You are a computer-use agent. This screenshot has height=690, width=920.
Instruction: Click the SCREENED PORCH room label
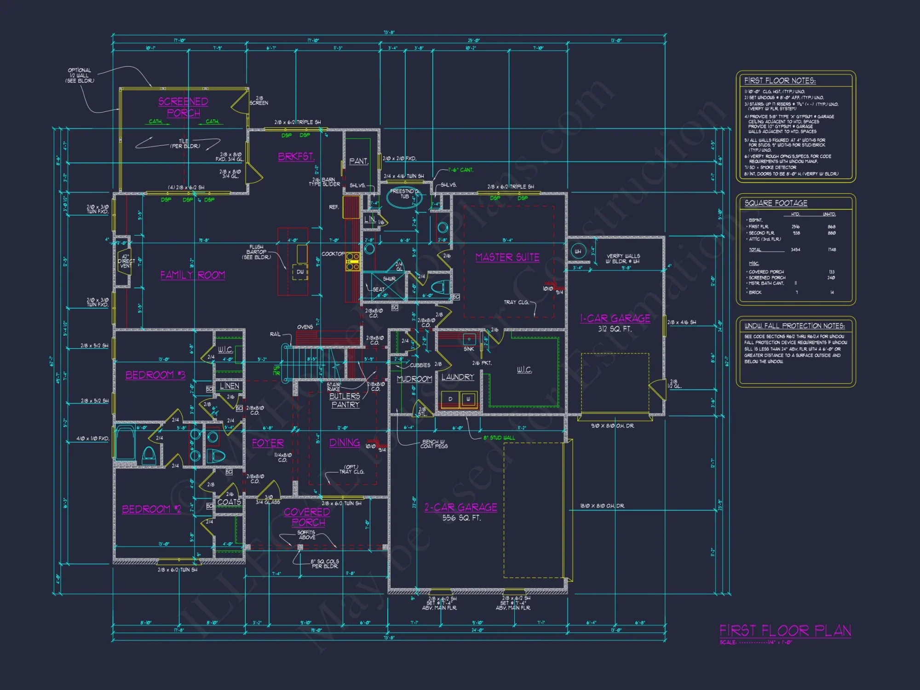[183, 107]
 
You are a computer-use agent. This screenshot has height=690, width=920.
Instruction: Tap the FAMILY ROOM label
[192, 275]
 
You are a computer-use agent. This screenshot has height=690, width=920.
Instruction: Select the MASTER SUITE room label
[507, 257]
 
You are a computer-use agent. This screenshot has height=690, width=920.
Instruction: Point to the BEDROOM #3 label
[155, 375]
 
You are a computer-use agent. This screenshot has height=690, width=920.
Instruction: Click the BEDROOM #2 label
[151, 509]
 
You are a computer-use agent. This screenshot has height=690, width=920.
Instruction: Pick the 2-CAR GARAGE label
[460, 507]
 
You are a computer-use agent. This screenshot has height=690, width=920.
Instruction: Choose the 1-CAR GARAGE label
[615, 318]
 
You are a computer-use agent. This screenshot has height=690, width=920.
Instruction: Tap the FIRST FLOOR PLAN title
[785, 630]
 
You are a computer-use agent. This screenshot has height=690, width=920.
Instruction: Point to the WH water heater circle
[578, 251]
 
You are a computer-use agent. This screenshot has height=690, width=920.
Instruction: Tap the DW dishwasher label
[300, 272]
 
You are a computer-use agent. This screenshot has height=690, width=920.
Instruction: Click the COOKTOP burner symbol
[353, 261]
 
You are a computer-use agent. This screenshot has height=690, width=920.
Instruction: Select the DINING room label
[345, 443]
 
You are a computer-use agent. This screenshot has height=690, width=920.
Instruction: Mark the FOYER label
[268, 443]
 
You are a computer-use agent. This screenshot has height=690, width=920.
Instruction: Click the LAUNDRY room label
[457, 377]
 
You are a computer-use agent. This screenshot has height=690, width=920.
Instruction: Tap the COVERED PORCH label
[307, 517]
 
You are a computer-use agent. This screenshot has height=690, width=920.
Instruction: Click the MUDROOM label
[414, 379]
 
